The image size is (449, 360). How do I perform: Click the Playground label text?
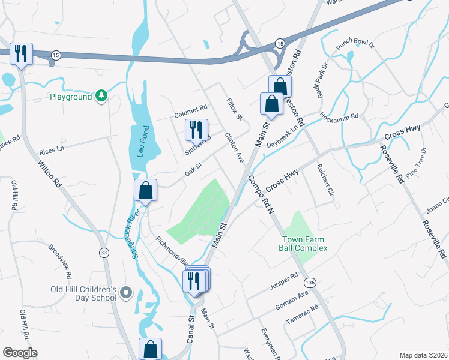(71, 97)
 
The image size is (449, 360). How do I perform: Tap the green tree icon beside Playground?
(102, 96)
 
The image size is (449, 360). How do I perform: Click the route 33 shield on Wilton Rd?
(104, 253)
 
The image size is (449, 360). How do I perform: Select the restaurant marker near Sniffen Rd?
(196, 129)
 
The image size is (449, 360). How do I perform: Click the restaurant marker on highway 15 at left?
(22, 54)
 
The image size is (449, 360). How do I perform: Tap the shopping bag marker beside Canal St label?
(150, 349)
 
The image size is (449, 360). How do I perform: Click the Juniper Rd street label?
(285, 280)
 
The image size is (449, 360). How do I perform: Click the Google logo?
(20, 353)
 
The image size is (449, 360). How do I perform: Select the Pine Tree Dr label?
(415, 163)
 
